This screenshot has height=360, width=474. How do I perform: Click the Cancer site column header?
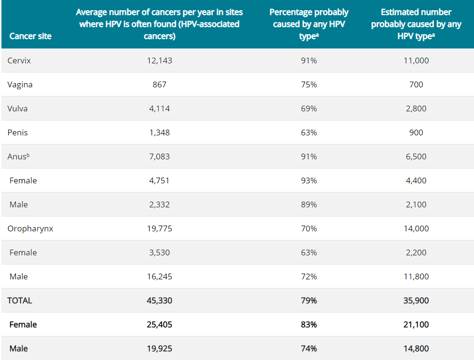pos(30,36)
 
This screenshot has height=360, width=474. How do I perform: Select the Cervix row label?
pos(19,60)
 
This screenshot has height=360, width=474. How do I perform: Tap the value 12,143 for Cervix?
pos(159,60)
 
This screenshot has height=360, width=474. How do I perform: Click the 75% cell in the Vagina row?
pos(308,84)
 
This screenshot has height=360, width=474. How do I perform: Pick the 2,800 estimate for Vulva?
pos(416,108)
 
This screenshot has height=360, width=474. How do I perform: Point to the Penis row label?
pos(18,132)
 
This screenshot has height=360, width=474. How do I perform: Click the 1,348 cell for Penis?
pos(159,132)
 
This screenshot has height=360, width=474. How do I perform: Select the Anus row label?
pos(18,156)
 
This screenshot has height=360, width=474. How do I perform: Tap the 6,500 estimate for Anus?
pos(416,156)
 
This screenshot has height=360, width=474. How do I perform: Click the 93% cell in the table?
pos(308,180)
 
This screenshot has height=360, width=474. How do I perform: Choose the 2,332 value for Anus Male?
pos(159,204)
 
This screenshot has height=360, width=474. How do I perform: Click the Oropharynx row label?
pos(30,228)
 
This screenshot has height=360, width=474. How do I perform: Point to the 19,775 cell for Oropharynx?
pos(159,228)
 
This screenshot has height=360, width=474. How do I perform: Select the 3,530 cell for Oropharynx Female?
pos(159,252)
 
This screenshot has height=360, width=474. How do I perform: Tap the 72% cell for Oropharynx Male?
pos(308,276)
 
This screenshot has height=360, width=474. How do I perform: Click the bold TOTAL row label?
pos(20,300)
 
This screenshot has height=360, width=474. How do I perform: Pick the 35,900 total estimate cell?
pos(416,300)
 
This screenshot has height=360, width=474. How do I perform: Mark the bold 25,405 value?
pos(159,324)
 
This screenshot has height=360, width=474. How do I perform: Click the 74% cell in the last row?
pos(308,348)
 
